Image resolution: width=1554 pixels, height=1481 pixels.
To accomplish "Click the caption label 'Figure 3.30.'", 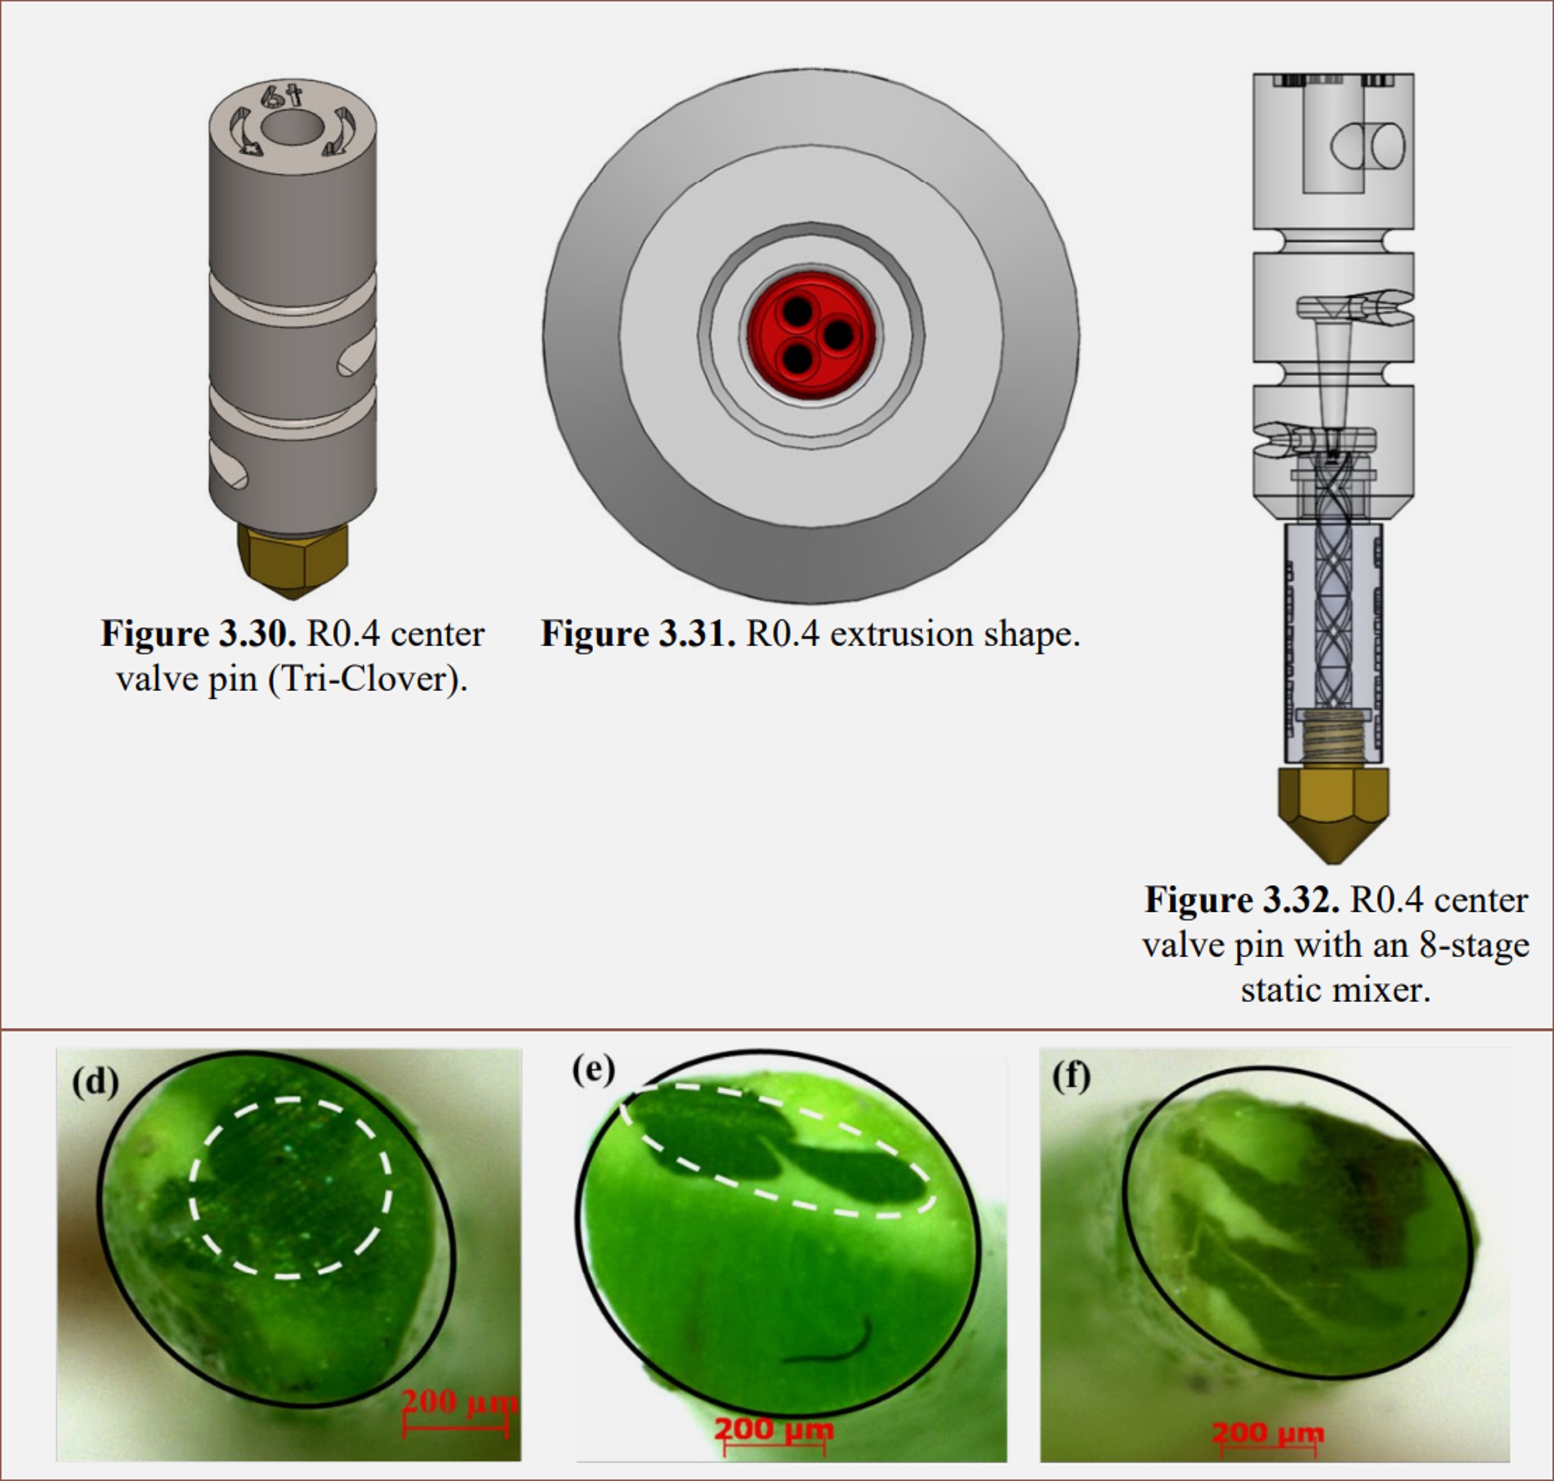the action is pyautogui.click(x=199, y=634).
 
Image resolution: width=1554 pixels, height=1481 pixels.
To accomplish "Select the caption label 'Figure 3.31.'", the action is pyautogui.click(x=638, y=634).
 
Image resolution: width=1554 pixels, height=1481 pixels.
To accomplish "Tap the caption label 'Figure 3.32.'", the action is pyautogui.click(x=1242, y=900).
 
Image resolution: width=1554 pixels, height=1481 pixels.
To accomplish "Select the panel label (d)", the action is pyautogui.click(x=96, y=1082).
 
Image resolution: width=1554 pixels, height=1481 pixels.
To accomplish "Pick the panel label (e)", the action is pyautogui.click(x=594, y=1070).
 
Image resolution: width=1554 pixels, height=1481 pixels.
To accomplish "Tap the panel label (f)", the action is pyautogui.click(x=1072, y=1076).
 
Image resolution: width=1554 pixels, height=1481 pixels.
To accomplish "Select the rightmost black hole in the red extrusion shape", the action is pyautogui.click(x=838, y=335).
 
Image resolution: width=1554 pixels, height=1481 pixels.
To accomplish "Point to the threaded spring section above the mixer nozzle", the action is pyautogui.click(x=1333, y=739).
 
